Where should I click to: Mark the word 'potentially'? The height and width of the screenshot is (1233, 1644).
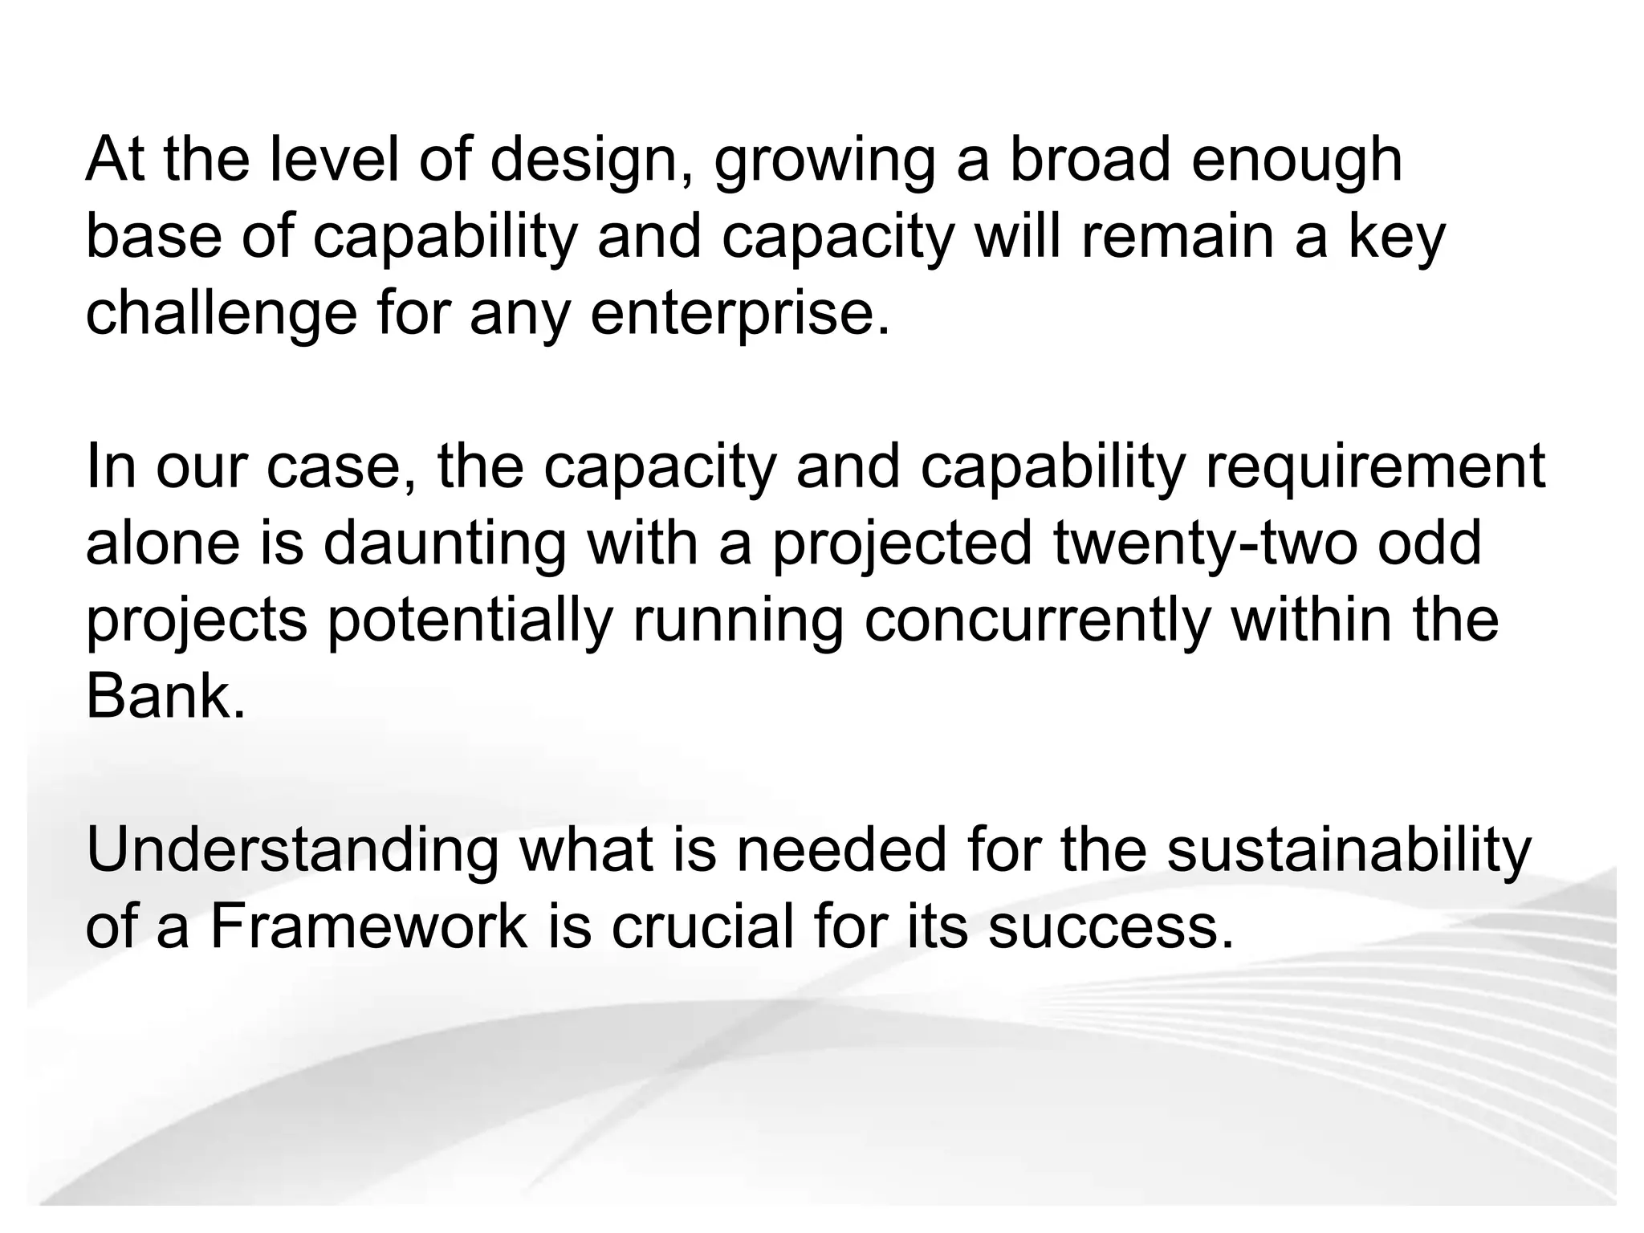pos(470,622)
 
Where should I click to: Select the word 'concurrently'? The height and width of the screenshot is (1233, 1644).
pos(1036,622)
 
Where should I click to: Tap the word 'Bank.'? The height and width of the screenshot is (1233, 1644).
pos(165,696)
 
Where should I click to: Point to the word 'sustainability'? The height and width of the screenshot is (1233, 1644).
pos(1348,853)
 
